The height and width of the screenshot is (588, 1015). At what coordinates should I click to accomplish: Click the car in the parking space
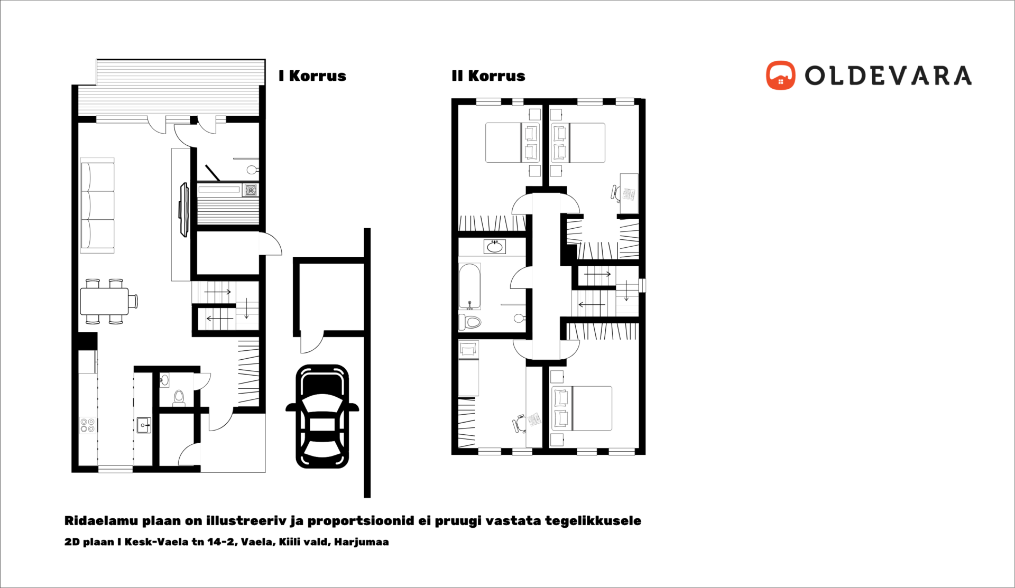pyautogui.click(x=322, y=417)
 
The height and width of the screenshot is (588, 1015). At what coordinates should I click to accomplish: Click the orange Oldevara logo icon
pyautogui.click(x=780, y=76)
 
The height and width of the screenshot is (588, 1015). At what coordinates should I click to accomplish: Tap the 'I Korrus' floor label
pyautogui.click(x=312, y=76)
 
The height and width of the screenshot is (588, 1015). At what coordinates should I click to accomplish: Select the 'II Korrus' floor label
pyautogui.click(x=488, y=76)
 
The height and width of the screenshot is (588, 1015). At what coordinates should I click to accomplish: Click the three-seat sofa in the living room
pyautogui.click(x=97, y=205)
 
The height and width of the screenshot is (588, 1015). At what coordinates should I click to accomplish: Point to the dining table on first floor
pyautogui.click(x=104, y=301)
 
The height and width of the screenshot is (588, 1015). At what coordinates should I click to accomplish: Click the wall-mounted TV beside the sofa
pyautogui.click(x=183, y=210)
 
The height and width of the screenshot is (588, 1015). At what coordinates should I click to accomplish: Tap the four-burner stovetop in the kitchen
pyautogui.click(x=88, y=425)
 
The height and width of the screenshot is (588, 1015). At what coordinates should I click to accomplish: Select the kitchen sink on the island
pyautogui.click(x=144, y=425)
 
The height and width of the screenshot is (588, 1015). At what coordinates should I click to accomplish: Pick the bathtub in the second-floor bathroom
pyautogui.click(x=469, y=286)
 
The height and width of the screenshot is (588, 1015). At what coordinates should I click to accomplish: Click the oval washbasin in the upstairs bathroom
pyautogui.click(x=495, y=247)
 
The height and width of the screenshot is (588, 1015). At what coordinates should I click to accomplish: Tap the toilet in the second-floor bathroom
pyautogui.click(x=470, y=322)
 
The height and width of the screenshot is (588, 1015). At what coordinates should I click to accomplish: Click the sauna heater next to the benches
pyautogui.click(x=250, y=190)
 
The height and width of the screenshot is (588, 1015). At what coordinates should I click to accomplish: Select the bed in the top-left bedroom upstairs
pyautogui.click(x=512, y=143)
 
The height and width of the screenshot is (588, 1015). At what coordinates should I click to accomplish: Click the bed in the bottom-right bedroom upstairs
pyautogui.click(x=582, y=408)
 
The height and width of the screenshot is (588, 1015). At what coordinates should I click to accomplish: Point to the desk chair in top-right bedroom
pyautogui.click(x=616, y=193)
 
